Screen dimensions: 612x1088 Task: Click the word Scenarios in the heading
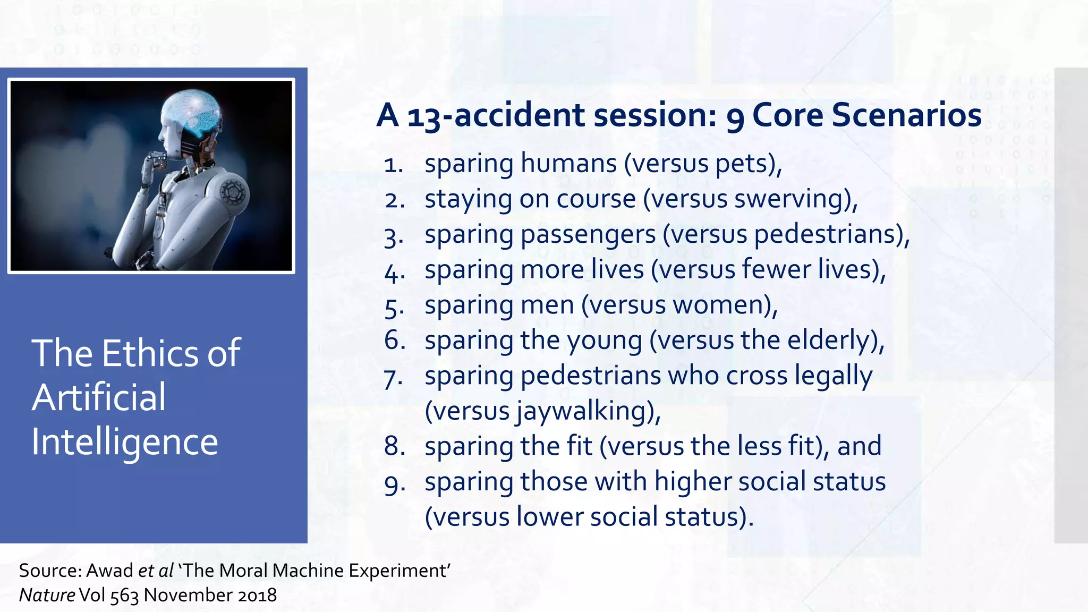click(906, 115)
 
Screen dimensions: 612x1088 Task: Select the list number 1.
click(394, 165)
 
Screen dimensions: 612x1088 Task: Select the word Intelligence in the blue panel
click(125, 442)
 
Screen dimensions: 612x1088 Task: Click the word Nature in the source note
click(47, 595)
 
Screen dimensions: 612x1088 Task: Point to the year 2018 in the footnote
click(257, 595)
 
